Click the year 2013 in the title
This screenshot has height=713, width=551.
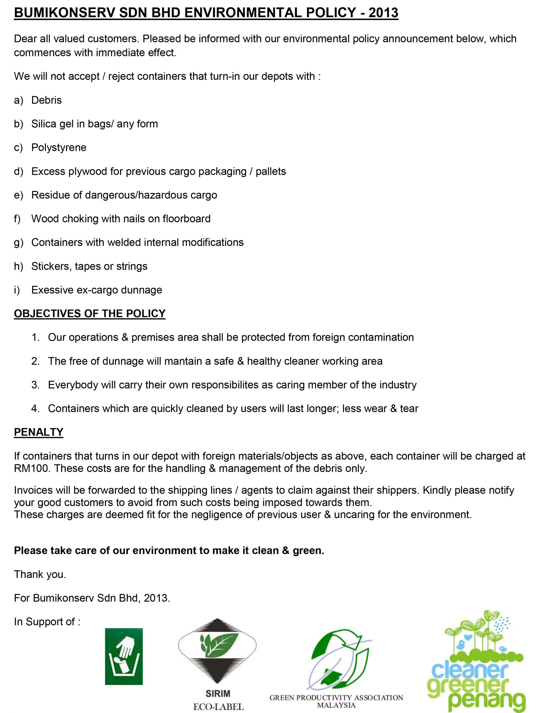[383, 13]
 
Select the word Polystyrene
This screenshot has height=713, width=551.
[59, 148]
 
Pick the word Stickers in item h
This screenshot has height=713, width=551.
[51, 266]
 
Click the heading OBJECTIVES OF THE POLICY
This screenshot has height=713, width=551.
[90, 313]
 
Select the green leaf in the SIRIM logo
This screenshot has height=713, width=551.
[218, 645]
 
